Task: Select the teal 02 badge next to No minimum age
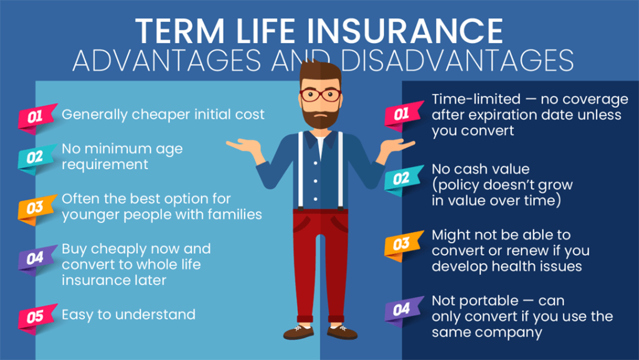tap(35, 157)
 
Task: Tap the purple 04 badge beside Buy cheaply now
tap(35, 257)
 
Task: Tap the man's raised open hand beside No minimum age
tap(243, 146)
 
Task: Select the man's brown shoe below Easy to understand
tap(298, 331)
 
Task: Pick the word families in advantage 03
tap(238, 214)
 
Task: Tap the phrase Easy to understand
tap(129, 314)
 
